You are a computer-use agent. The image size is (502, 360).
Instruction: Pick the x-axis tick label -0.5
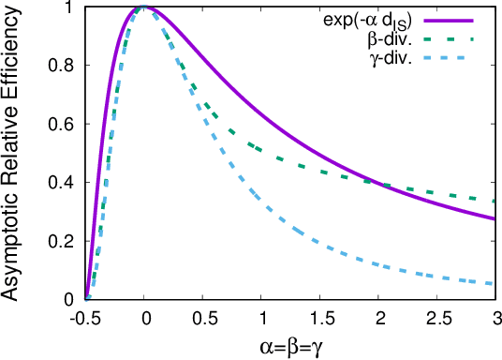pyautogui.click(x=85, y=317)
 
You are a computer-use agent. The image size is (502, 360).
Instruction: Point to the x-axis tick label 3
pyautogui.click(x=494, y=317)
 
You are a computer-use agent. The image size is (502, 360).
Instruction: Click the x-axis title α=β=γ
pyautogui.click(x=290, y=346)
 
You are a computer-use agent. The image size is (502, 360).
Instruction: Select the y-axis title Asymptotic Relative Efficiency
pyautogui.click(x=13, y=154)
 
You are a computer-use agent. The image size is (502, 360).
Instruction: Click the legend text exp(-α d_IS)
pyautogui.click(x=371, y=20)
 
